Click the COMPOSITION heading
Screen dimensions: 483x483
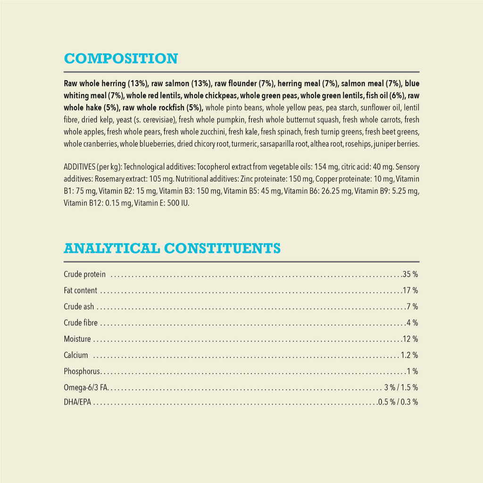tap(121, 58)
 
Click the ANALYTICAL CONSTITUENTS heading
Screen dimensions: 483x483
tap(172, 248)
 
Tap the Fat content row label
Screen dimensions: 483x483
tap(80, 290)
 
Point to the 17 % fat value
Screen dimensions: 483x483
tap(410, 290)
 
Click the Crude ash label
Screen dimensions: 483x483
tap(79, 307)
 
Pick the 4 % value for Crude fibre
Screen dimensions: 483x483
tap(412, 323)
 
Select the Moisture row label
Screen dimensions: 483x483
tap(77, 339)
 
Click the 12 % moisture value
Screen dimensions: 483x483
tap(410, 339)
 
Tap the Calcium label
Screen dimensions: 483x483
tap(76, 355)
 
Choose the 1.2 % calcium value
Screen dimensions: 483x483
tap(409, 355)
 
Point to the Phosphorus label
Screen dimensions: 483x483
tap(82, 371)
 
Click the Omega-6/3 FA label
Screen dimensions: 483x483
tap(86, 387)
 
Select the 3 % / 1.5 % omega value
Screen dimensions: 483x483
tap(401, 387)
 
